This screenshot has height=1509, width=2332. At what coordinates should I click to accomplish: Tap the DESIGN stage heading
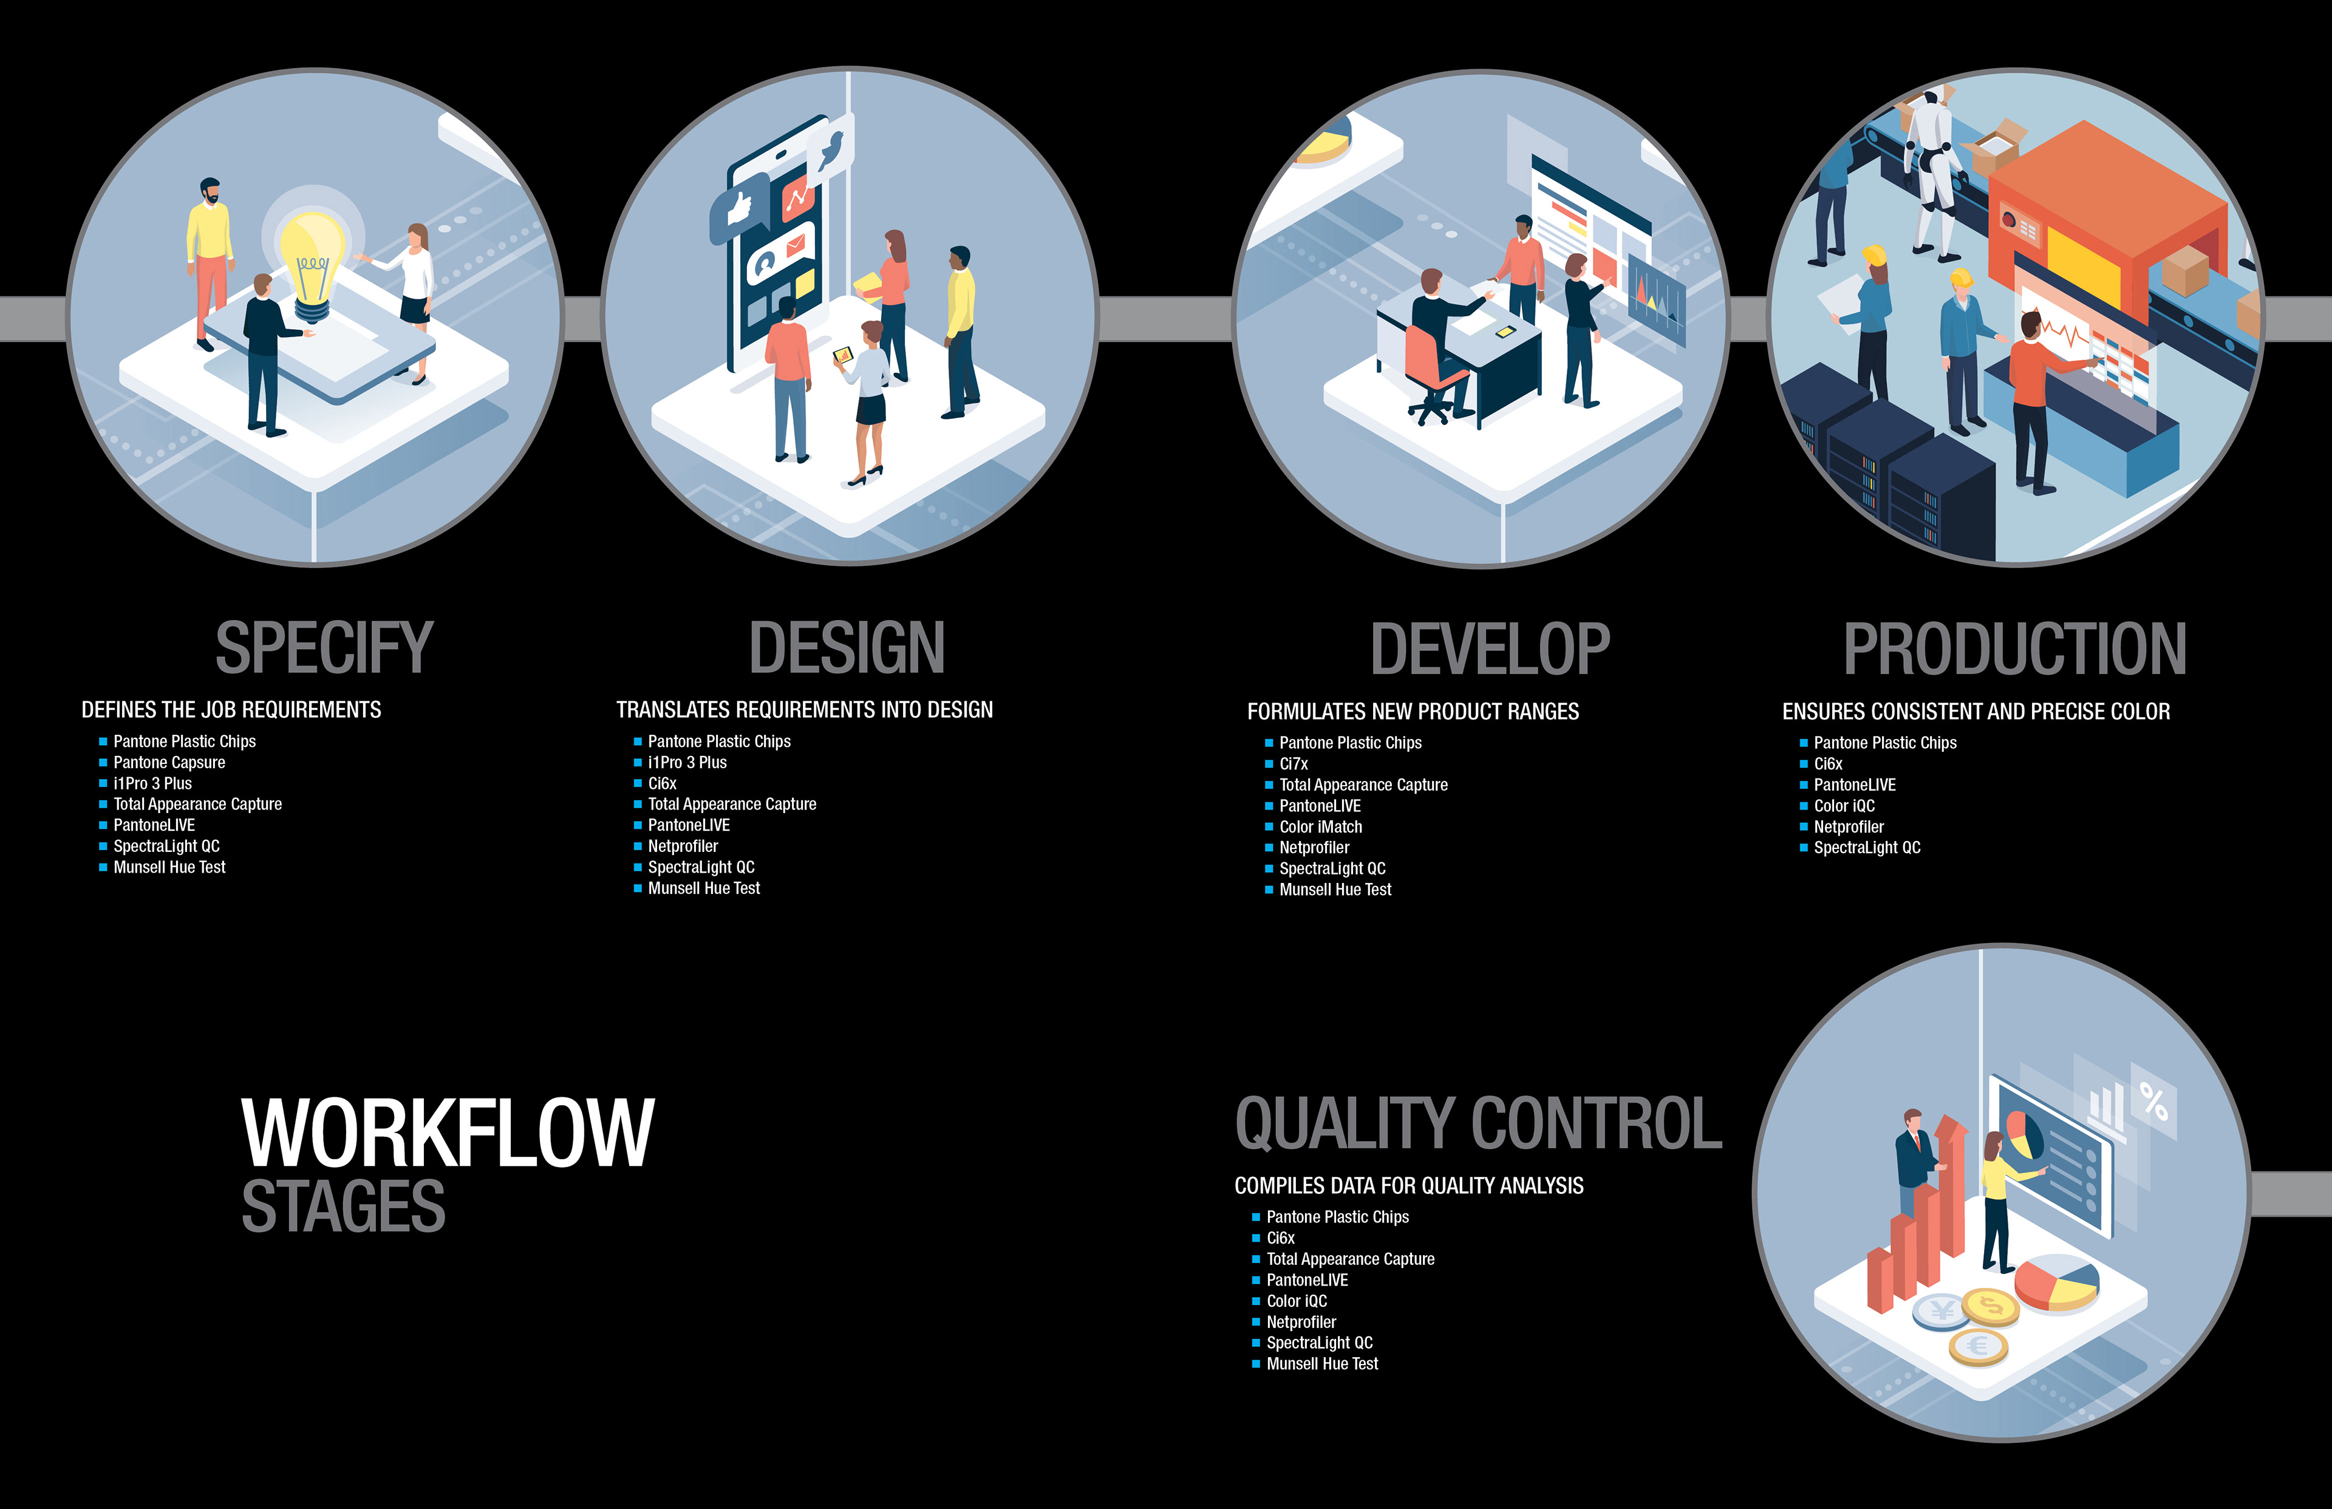pyautogui.click(x=847, y=648)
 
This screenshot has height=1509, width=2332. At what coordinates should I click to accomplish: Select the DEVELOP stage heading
pyautogui.click(x=1489, y=649)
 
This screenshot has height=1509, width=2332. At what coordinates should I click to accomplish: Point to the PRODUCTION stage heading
pyautogui.click(x=2014, y=649)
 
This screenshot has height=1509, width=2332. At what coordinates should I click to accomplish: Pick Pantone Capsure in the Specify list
pyautogui.click(x=169, y=762)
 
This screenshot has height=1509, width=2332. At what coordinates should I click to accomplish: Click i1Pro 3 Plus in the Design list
pyautogui.click(x=687, y=762)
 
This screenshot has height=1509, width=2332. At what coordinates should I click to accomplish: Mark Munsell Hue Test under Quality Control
pyautogui.click(x=1322, y=1364)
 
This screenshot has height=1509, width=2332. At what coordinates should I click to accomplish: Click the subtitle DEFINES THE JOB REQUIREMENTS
pyautogui.click(x=231, y=709)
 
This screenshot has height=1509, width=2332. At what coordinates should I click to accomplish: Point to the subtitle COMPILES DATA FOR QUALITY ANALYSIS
pyautogui.click(x=1408, y=1185)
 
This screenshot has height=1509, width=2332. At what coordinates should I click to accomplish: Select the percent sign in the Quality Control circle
pyautogui.click(x=2153, y=1102)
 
